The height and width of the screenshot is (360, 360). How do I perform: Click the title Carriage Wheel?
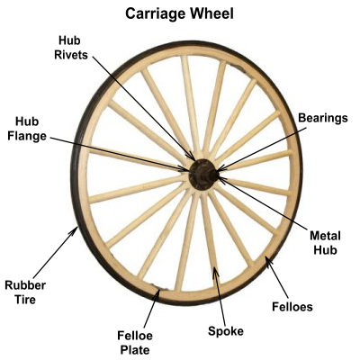pos(179,14)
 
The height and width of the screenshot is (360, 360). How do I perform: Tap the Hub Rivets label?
pos(71,48)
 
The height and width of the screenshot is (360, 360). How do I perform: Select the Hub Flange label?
pos(27,129)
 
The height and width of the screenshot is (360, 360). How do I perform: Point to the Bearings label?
pos(323,118)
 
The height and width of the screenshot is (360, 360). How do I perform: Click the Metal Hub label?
pos(325,243)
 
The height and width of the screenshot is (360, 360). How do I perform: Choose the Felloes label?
pos(292,307)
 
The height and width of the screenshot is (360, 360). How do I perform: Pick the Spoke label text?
pos(226,331)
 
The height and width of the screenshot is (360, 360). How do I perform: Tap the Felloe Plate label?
pos(135,343)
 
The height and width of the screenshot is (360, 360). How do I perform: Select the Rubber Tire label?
pos(25,292)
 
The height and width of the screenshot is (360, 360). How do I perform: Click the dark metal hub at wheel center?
pos(202,175)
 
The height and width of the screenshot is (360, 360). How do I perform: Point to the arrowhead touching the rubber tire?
pos(74,231)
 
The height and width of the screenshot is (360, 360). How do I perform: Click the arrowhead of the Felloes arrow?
pos(268,261)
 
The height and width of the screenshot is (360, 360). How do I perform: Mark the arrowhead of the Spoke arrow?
pos(215,272)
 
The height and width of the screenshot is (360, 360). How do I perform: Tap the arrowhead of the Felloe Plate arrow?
pos(157,294)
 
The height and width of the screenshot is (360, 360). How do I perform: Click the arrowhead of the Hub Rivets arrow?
pos(192,157)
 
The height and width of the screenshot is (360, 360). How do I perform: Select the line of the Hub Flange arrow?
pos(120,155)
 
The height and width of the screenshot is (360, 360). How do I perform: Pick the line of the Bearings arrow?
pos(262,149)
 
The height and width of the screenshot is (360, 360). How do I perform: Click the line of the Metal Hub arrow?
pos(263,203)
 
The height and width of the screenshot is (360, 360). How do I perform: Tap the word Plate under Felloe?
pos(135,350)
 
